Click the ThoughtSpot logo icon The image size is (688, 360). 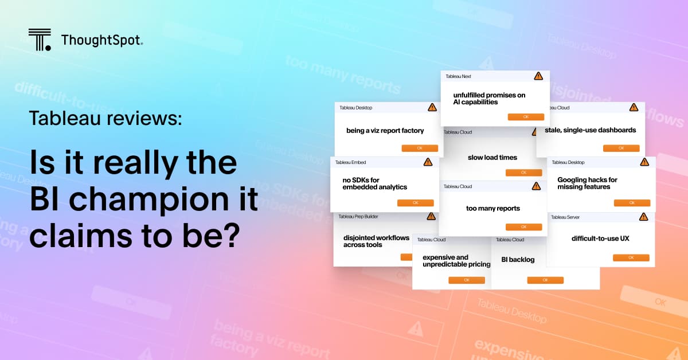40,39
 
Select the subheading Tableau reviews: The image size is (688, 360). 105,118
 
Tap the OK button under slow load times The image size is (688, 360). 523,173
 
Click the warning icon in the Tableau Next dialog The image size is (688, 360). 538,76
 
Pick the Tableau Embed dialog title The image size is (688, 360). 350,162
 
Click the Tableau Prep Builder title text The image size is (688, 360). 358,217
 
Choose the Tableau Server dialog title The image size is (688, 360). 566,217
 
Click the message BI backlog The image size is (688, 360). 518,260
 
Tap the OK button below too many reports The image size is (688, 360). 523,227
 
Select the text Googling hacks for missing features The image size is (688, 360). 584,183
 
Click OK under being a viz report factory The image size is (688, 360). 420,148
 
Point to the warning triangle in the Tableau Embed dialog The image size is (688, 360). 428,162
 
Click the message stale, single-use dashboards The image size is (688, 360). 590,130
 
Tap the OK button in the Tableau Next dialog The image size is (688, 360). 526,117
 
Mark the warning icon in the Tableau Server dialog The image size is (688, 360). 643,217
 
